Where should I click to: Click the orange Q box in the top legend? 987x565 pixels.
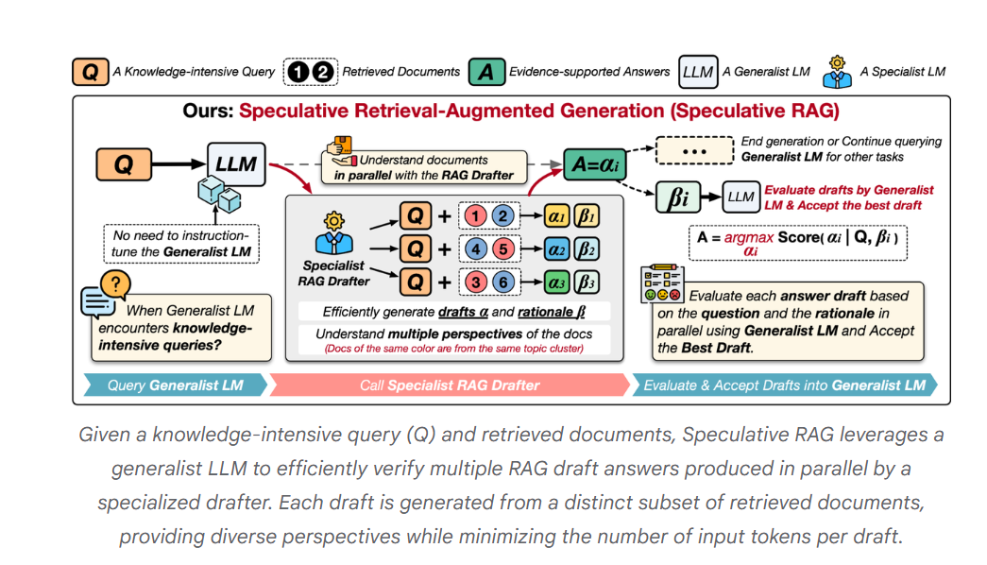click(x=89, y=72)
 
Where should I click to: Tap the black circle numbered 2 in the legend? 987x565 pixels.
click(x=323, y=72)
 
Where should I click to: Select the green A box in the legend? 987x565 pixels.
click(x=485, y=72)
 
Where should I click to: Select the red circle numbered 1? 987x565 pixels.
click(x=477, y=216)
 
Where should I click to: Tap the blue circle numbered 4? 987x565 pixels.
click(x=477, y=249)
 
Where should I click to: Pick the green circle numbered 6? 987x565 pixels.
click(x=503, y=282)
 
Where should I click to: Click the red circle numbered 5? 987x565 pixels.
click(x=503, y=249)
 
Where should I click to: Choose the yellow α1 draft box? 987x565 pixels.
click(x=557, y=216)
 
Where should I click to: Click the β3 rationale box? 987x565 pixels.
click(x=586, y=282)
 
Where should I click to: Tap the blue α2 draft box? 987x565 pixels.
click(x=557, y=249)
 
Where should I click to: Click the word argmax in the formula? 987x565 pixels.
click(x=749, y=238)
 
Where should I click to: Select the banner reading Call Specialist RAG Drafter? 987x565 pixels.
click(x=450, y=385)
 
